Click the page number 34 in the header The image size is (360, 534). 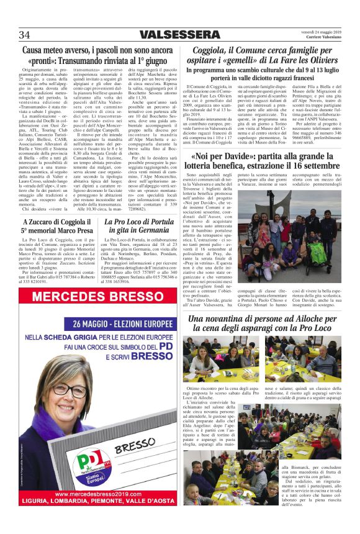[x=25, y=34]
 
